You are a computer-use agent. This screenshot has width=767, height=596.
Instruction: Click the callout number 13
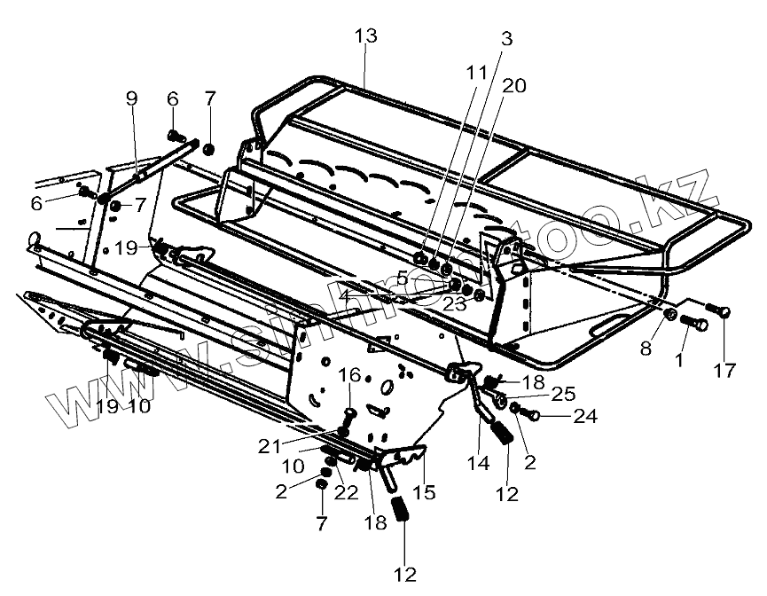point(364,36)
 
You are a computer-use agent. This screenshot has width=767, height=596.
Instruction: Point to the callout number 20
point(513,85)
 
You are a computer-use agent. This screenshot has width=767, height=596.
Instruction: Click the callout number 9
point(132,98)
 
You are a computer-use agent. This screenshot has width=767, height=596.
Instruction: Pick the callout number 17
point(724,371)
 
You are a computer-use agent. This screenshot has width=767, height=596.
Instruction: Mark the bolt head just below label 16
point(348,413)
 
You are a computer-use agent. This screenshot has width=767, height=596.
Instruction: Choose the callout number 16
point(349,375)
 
